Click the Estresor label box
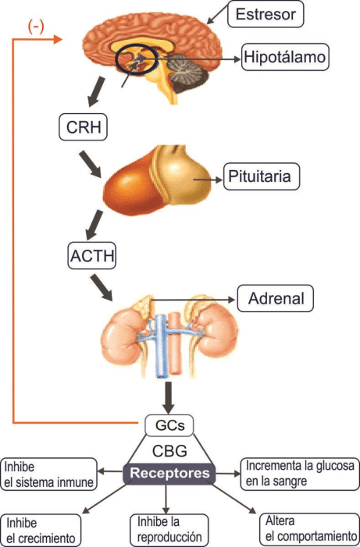(x=266, y=14)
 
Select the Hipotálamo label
(x=285, y=57)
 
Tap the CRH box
(x=83, y=127)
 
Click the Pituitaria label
(x=261, y=176)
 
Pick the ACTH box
(x=92, y=256)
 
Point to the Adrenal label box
(x=276, y=299)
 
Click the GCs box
(x=169, y=425)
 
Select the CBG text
(x=169, y=451)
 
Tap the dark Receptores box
(x=169, y=474)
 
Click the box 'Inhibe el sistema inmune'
(x=48, y=474)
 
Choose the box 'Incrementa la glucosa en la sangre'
(x=300, y=474)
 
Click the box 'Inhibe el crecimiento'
(x=41, y=531)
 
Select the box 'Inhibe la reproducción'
(x=169, y=530)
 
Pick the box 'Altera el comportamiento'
(x=310, y=529)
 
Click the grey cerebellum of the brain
(x=186, y=73)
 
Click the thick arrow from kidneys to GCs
(x=169, y=398)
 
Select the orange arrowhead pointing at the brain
(x=57, y=39)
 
